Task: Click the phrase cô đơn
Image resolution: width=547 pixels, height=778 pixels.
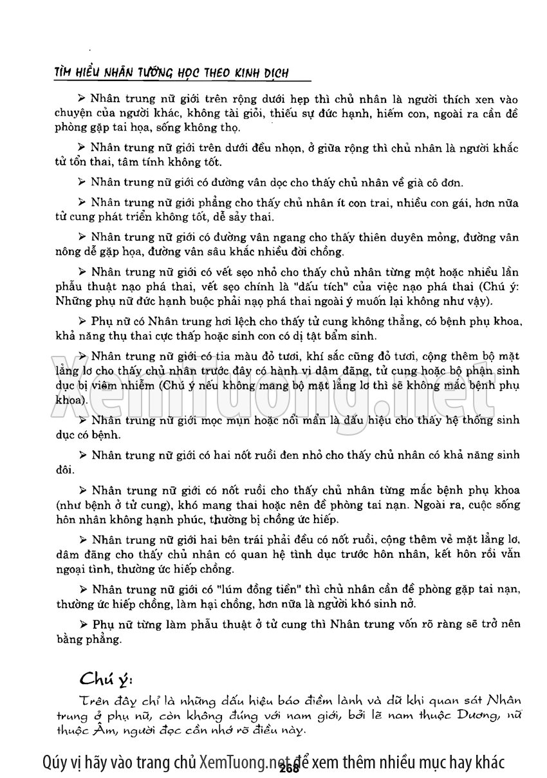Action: [444, 182]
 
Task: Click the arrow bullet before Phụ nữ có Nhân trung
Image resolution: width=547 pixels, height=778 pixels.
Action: [82, 320]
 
